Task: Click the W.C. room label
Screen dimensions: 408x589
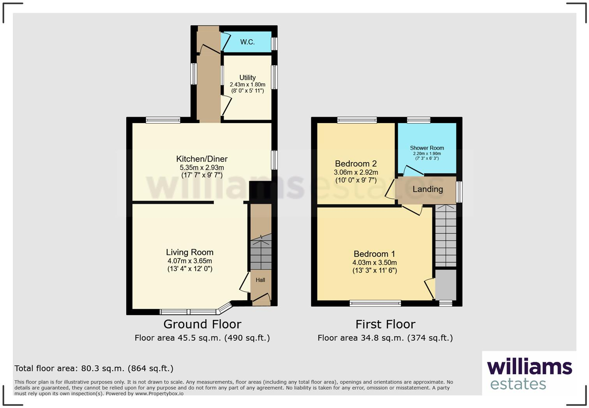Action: pos(247,42)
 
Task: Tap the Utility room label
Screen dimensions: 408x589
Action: pos(247,77)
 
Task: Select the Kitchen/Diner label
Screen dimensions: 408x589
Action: pos(202,159)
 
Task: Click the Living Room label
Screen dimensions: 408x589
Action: pos(190,252)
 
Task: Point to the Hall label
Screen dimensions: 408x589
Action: pos(260,280)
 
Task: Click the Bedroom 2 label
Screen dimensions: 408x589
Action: pos(356,164)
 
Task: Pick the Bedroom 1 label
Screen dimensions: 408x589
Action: pos(374,254)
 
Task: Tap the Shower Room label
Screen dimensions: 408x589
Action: pos(427,148)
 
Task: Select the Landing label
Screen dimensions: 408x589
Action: pos(428,189)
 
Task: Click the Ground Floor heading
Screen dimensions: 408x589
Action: pos(202,324)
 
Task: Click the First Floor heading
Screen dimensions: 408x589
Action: pos(385,324)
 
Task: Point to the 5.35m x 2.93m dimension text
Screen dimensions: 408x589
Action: pos(202,167)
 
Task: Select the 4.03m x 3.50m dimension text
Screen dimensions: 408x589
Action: pos(374,263)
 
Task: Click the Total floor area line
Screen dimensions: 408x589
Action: pos(94,368)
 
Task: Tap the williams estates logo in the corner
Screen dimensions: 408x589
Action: pos(529,374)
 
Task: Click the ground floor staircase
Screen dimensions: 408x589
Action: pos(261,253)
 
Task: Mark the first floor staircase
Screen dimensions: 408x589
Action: pos(445,236)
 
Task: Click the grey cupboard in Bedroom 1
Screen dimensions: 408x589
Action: pos(445,285)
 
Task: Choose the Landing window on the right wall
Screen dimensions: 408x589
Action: pos(459,192)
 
